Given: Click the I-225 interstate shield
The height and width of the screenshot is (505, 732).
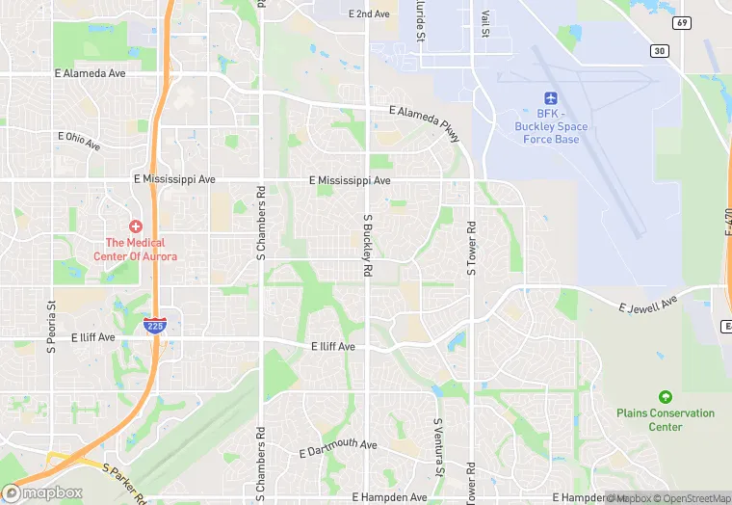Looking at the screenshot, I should pos(154,326).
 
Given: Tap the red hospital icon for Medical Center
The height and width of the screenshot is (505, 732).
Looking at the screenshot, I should pos(136,225).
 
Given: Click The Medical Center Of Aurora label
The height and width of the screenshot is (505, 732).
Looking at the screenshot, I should pos(135,250).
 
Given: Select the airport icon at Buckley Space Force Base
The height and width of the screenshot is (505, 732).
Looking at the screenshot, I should pos(551,98).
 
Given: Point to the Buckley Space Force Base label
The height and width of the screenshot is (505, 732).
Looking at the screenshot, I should pos(551,126).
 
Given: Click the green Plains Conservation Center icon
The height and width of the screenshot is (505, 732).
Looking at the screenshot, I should pos(665,397).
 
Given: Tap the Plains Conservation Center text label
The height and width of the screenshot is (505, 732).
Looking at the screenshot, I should pos(666,420).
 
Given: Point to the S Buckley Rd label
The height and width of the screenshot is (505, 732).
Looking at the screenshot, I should pos(367,246).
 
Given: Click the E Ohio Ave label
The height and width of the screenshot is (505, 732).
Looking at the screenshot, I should pos(79,141).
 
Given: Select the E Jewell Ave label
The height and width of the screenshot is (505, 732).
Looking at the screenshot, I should pos(649,306).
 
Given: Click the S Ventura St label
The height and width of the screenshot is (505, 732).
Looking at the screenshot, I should pos(437,444).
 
